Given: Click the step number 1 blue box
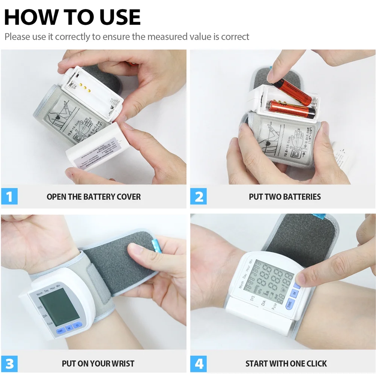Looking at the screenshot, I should click(x=9, y=197).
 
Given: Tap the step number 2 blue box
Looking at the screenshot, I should click(x=199, y=197).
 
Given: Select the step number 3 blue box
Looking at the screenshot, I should click(x=9, y=364).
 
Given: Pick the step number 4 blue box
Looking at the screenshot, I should click(x=199, y=364).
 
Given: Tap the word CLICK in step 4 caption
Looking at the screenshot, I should click(x=315, y=364).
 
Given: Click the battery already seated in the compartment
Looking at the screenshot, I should click(x=291, y=110).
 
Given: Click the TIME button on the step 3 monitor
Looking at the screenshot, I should click(x=60, y=331).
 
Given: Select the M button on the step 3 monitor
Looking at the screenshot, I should click(x=69, y=328).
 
